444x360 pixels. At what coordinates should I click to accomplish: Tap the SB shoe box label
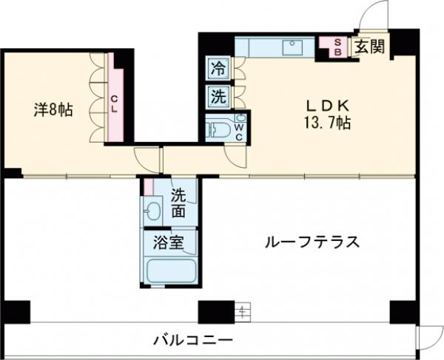pos(337,47)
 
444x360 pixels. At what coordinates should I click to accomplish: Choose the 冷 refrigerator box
pos(218,69)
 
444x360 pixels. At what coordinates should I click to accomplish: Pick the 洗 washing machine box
pos(218,95)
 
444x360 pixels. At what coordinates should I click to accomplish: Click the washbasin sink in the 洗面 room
pos(153,211)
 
